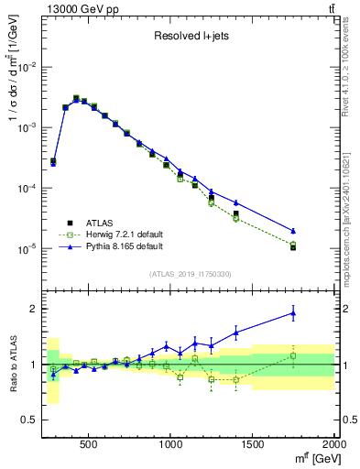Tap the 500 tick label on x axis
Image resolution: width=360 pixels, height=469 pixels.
pyautogui.click(x=89, y=442)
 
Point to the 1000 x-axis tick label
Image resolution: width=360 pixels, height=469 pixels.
pyautogui.click(x=171, y=442)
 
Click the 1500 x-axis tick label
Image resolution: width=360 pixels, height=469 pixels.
pyautogui.click(x=253, y=442)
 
